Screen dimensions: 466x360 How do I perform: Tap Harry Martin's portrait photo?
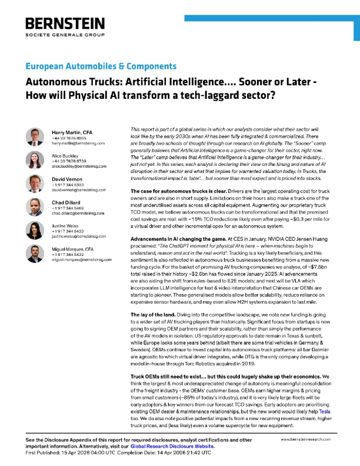[x=34, y=136]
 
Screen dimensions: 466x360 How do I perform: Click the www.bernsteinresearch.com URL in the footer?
[x=308, y=440]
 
